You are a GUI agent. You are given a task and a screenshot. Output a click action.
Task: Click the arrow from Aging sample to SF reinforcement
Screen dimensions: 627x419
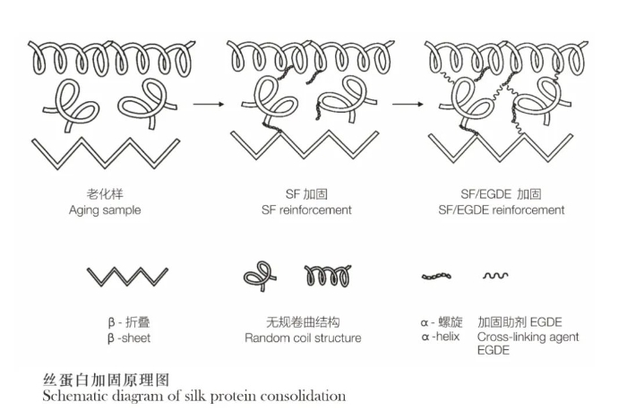[x=209, y=105]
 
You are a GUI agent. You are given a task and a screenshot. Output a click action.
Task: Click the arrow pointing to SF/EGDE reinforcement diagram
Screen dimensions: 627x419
[x=407, y=105]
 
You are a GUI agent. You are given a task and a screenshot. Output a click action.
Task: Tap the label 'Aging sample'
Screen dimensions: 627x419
[x=105, y=210]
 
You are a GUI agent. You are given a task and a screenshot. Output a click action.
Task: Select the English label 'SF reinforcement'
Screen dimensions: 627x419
[x=306, y=210]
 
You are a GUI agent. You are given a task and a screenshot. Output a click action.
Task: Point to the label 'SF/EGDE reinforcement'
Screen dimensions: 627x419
[x=502, y=210]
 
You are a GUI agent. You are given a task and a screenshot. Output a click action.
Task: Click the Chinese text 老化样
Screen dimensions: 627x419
[x=105, y=194]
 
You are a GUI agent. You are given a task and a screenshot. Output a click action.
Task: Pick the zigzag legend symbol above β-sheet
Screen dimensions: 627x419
[x=127, y=277]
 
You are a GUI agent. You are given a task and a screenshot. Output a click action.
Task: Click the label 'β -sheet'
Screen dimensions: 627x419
[x=129, y=338]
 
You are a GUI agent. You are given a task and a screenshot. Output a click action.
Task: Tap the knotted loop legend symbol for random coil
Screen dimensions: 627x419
[x=260, y=276]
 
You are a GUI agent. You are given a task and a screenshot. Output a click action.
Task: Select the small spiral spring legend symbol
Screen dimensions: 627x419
[x=328, y=276]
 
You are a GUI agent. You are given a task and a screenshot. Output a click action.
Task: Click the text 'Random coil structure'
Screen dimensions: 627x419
[x=303, y=338]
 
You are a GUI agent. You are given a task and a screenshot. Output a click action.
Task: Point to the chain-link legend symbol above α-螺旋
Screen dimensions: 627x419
[x=436, y=276]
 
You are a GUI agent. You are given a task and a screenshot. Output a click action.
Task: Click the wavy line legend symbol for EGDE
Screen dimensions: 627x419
[x=495, y=276]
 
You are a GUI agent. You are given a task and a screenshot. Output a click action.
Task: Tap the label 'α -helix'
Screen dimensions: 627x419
[x=441, y=337]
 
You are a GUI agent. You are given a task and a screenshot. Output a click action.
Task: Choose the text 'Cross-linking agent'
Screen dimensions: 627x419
[x=528, y=337]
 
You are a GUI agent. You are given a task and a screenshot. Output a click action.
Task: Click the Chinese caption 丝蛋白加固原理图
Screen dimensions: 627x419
[x=106, y=380]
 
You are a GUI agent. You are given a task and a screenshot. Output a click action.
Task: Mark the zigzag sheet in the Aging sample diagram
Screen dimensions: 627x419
[x=106, y=153]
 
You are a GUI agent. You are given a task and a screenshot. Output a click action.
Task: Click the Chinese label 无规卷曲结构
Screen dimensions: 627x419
[x=303, y=322]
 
